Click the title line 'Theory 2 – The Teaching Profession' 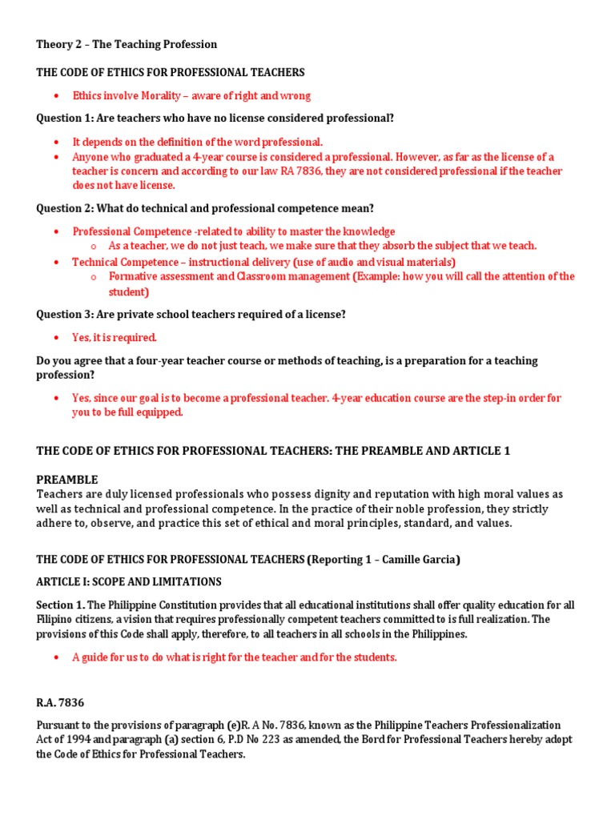[x=127, y=44]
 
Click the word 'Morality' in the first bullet [x=164, y=95]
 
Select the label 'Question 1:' [x=64, y=119]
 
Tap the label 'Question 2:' [x=64, y=208]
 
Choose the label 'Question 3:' [x=64, y=315]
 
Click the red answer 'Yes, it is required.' [x=115, y=337]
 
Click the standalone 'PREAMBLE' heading [x=67, y=480]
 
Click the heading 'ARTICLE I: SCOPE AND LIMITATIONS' [x=129, y=581]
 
